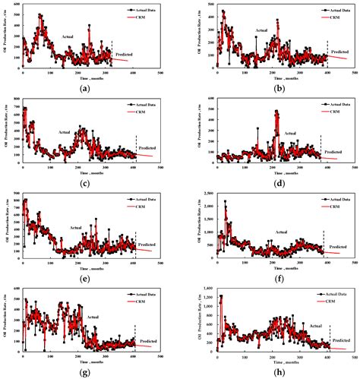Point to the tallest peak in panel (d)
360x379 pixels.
tap(276, 111)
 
